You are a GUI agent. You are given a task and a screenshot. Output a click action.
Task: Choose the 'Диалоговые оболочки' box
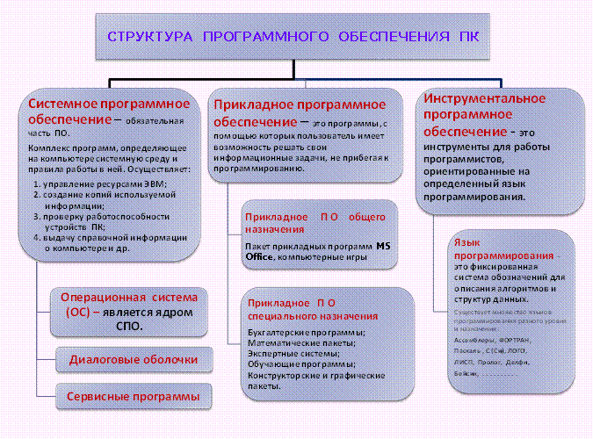pyautogui.click(x=133, y=359)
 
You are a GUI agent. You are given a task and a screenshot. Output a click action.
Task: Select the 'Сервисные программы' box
pyautogui.click(x=133, y=397)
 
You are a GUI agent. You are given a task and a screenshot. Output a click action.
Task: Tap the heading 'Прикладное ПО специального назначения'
pyautogui.click(x=311, y=308)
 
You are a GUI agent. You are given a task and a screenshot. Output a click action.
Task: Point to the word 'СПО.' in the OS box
pyautogui.click(x=129, y=325)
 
